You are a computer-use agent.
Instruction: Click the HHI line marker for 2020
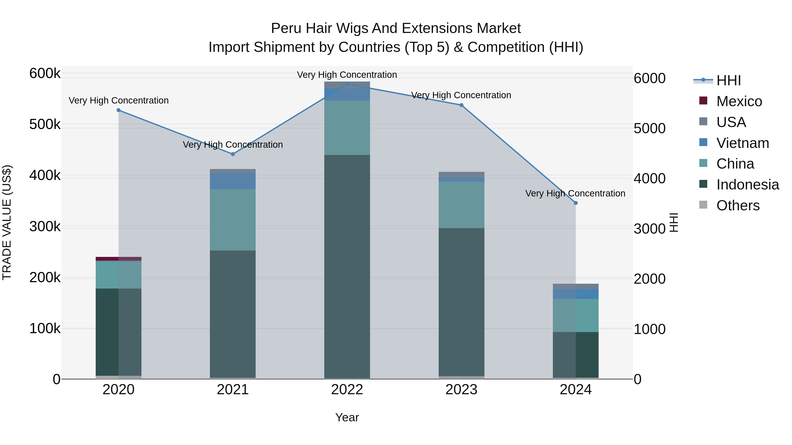118,110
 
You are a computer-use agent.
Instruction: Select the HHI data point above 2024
576,203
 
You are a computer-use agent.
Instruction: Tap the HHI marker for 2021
233,154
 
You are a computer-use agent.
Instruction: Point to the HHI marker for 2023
461,105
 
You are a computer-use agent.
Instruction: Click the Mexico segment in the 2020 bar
118,259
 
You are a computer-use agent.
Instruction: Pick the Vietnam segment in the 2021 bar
233,181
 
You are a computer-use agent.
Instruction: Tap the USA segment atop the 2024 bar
576,286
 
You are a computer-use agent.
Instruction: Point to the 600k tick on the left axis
45,74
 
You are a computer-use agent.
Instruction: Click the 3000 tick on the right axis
649,229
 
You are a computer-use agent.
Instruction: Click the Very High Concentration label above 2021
233,144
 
